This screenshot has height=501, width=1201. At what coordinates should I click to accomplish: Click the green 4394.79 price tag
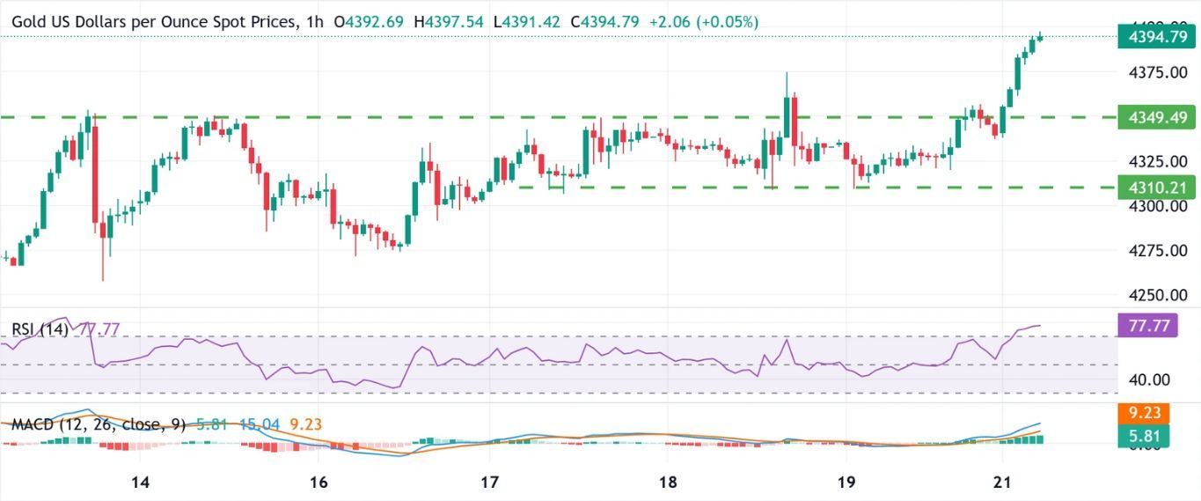click(1154, 38)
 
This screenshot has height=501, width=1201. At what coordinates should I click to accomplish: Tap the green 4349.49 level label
click(1154, 117)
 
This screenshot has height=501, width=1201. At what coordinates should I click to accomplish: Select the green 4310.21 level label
click(1154, 188)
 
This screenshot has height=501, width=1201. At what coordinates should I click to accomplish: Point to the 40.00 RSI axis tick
click(1149, 379)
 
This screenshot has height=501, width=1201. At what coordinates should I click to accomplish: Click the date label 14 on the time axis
click(139, 482)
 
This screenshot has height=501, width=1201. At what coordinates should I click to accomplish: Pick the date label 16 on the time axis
click(319, 482)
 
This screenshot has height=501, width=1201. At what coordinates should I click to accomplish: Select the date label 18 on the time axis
click(667, 482)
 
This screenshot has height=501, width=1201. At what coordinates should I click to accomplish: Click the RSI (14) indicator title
click(40, 329)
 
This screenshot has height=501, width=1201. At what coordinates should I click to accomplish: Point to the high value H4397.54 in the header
click(450, 21)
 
